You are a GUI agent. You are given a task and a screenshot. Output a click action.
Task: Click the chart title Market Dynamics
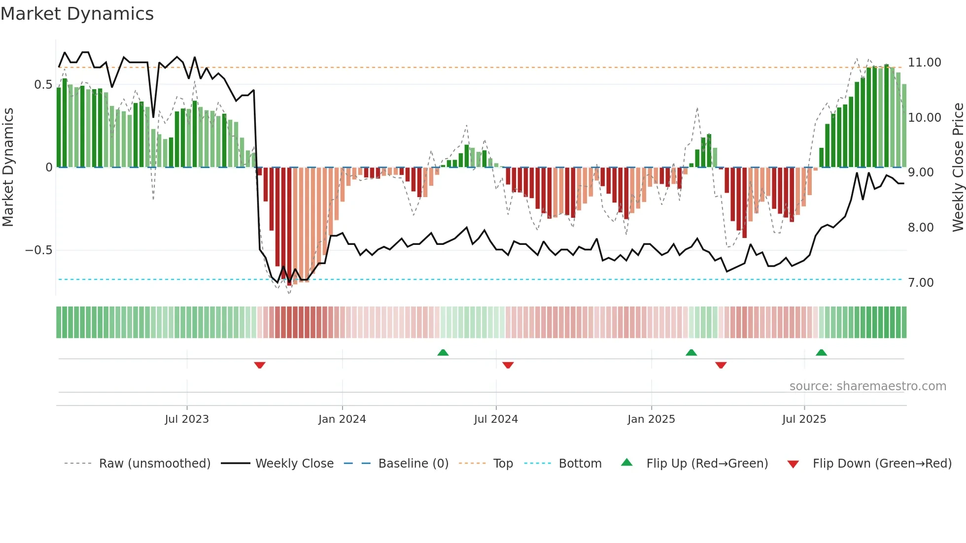(x=77, y=14)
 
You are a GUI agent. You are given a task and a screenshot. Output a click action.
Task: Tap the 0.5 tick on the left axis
(x=43, y=85)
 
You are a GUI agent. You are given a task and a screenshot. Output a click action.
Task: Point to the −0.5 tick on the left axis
(x=38, y=250)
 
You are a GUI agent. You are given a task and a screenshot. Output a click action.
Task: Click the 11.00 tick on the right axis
(x=924, y=63)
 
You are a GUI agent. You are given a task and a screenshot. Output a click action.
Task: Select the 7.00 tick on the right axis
(x=920, y=283)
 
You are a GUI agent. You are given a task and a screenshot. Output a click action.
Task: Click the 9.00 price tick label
(x=920, y=172)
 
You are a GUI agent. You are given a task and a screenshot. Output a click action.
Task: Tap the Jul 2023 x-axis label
(x=187, y=419)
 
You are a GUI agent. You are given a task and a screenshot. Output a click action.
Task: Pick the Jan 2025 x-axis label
(x=651, y=419)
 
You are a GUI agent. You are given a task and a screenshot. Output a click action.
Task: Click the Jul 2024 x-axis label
(x=496, y=419)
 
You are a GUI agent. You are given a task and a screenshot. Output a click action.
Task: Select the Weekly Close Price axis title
(x=958, y=168)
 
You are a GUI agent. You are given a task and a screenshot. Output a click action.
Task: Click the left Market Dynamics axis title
(x=8, y=168)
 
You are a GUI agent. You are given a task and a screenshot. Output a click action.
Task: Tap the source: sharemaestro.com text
(x=867, y=386)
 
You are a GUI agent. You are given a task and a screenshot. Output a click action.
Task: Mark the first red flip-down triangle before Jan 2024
(x=260, y=365)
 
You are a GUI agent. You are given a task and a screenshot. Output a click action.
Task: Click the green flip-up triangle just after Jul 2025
(x=821, y=352)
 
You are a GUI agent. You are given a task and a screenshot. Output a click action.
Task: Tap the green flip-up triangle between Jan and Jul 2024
(x=443, y=352)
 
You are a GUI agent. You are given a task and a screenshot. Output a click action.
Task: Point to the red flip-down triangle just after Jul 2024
(x=508, y=365)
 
